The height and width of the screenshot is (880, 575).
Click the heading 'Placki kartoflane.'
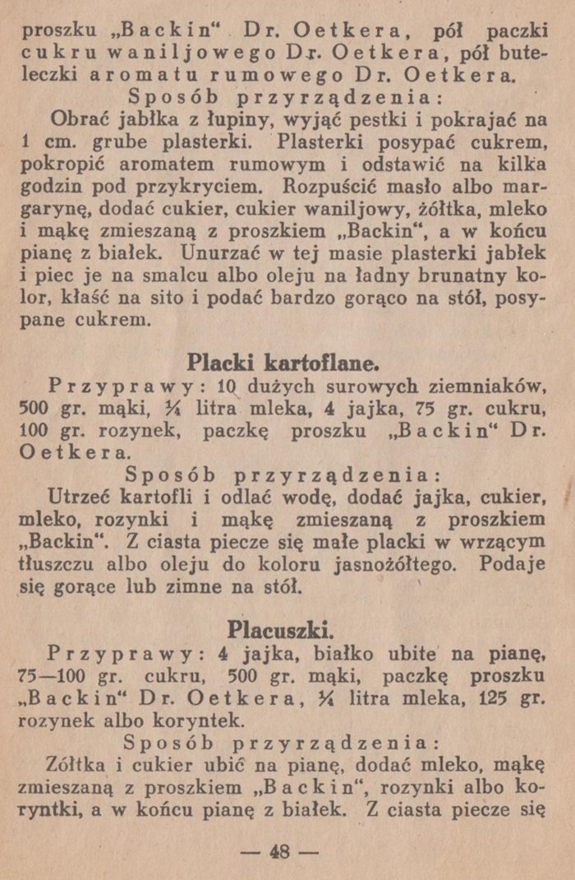[283, 362]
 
